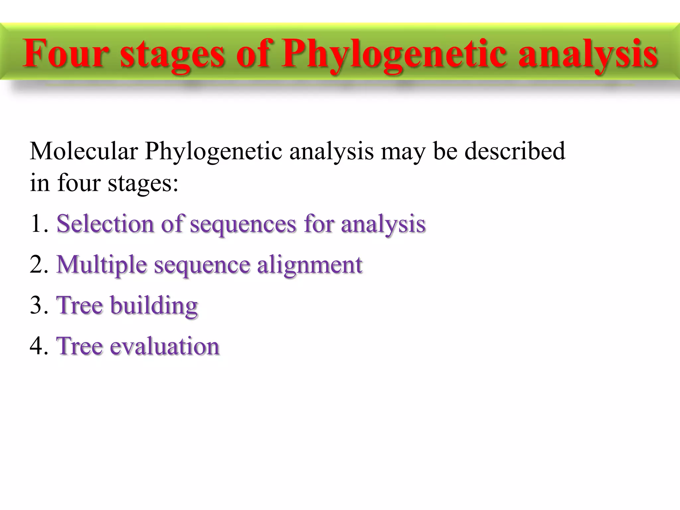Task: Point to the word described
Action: point(514,151)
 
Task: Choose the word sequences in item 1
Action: point(243,224)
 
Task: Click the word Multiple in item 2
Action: point(102,265)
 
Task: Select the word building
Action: point(154,305)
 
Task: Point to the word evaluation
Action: point(164,346)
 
